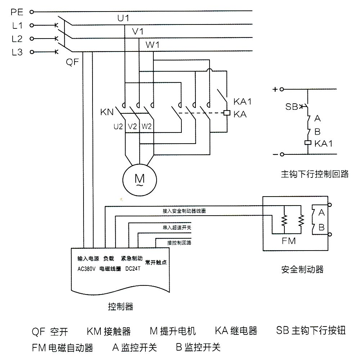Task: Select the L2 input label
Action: pos(17,39)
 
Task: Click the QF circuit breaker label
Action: pos(72,62)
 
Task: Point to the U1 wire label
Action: pos(123,18)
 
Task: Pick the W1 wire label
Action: pos(153,45)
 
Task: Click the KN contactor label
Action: pos(107,112)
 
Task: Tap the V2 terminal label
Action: pos(132,126)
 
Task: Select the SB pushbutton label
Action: pos(292,107)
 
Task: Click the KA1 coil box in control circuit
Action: pos(308,143)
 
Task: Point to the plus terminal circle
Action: pos(282,89)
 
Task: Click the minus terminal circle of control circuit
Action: pos(282,154)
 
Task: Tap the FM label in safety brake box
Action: pos(289,241)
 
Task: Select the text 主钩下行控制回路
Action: pos(315,174)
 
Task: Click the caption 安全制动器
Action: pos(302,269)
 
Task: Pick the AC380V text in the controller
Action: pos(86,269)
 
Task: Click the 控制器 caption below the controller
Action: pos(121,307)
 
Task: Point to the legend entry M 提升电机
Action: pos(173,331)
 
